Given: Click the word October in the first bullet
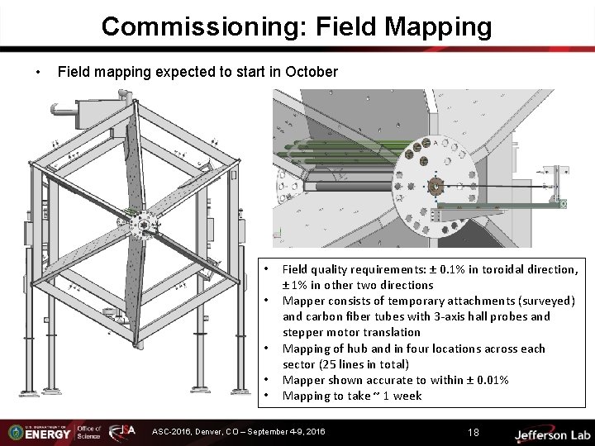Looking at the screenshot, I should tap(311, 72).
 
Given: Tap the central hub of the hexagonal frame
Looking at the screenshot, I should tap(145, 224).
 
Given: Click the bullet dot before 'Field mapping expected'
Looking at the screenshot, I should tap(39, 73).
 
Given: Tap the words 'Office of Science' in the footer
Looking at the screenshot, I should tap(88, 432).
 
